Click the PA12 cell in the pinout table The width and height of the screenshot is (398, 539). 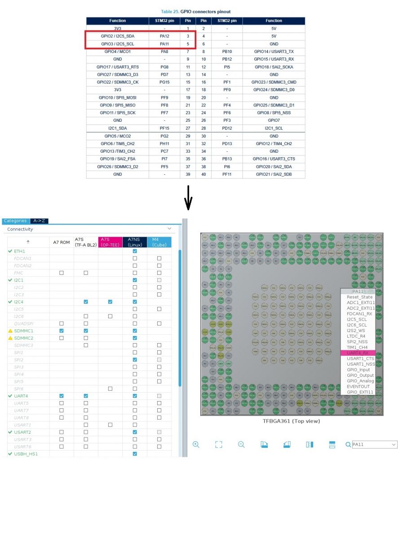164,36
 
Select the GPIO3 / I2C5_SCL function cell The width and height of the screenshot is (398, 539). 118,44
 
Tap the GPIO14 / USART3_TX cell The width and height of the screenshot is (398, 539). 274,51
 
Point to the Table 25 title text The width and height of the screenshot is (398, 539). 196,11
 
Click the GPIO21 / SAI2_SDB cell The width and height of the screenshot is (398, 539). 274,174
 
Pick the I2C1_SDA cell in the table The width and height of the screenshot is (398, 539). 118,128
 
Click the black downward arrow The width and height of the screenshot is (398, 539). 189,198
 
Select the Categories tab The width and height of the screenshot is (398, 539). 15,221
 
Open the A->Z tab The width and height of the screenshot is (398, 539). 39,221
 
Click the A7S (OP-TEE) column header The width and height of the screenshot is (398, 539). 110,242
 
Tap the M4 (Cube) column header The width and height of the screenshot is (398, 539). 159,242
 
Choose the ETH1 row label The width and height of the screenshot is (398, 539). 20,251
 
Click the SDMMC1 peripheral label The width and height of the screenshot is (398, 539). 23,331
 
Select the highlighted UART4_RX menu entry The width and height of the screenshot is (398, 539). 358,353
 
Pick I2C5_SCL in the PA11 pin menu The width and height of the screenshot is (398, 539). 357,319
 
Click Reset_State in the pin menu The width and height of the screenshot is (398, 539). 359,297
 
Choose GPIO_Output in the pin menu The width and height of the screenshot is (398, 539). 360,375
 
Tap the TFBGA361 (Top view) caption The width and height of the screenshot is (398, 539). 291,421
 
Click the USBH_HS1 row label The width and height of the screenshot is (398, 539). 26,454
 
